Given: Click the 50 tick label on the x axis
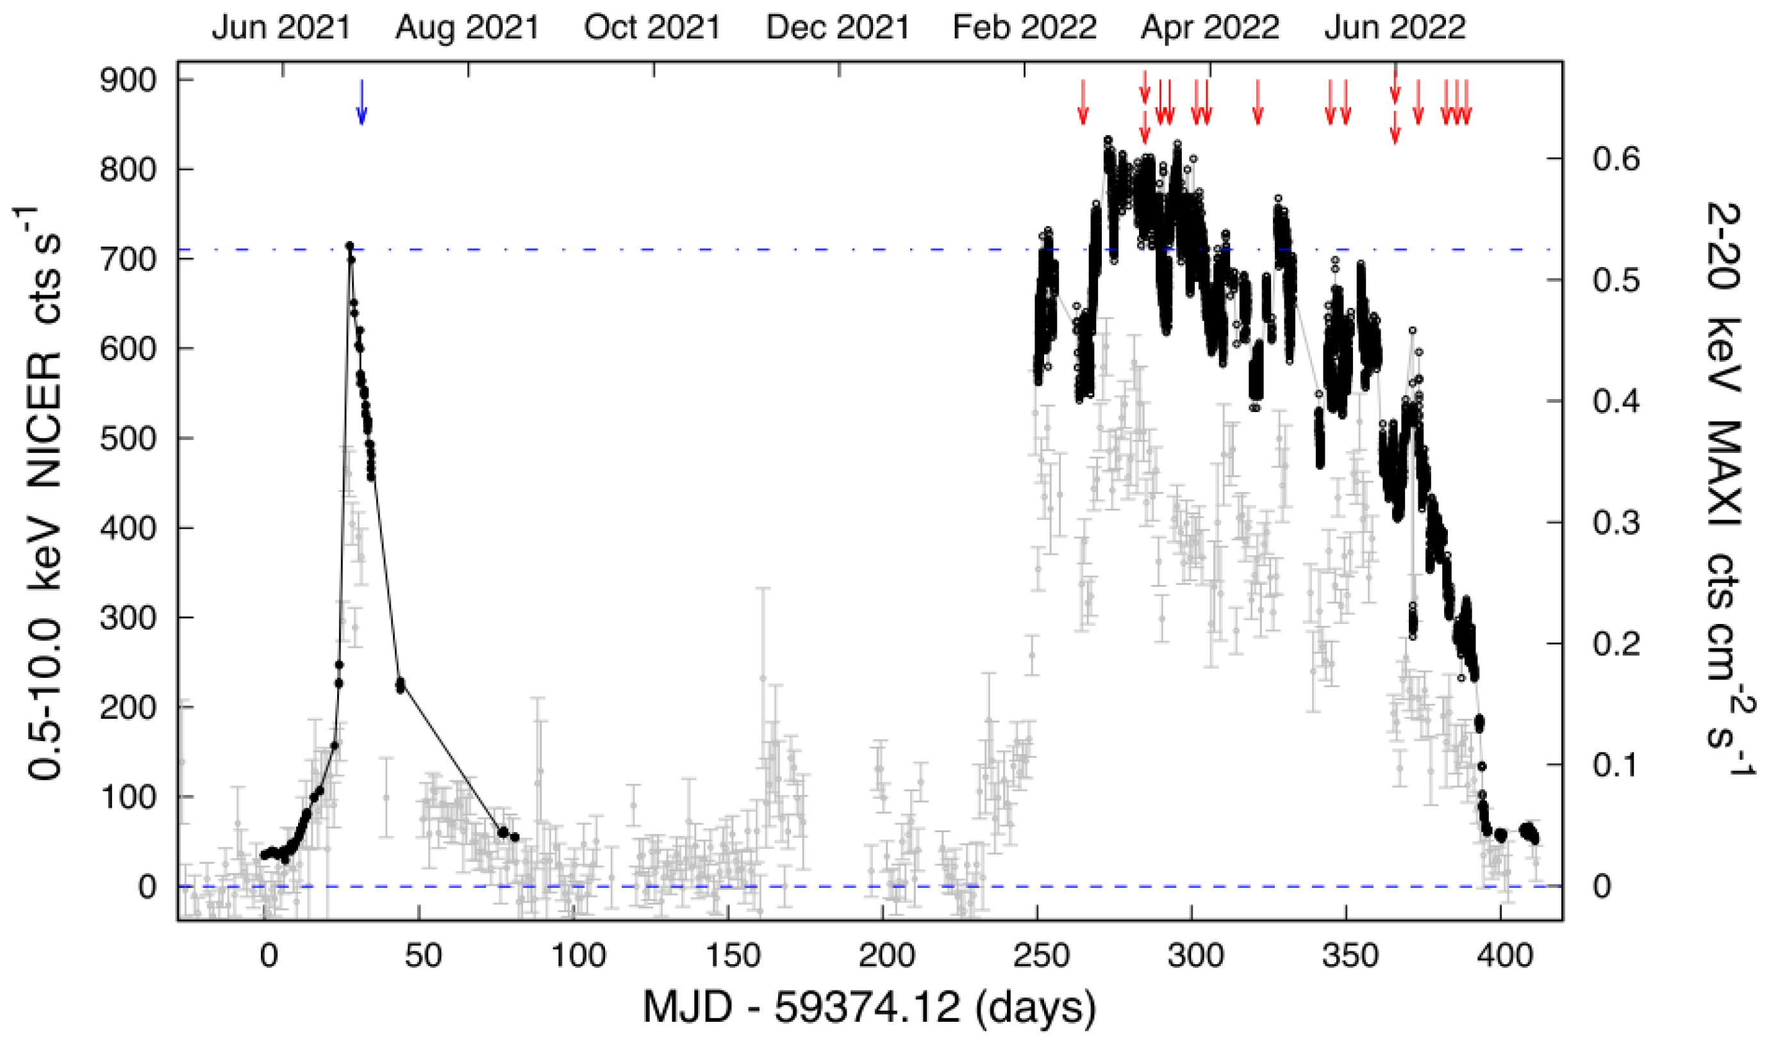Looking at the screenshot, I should click(423, 955).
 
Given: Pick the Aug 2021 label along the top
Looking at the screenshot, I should click(467, 28).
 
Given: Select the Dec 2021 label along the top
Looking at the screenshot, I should click(838, 28).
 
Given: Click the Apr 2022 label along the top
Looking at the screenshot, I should click(1209, 28).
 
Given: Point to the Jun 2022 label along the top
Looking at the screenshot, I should click(1395, 28).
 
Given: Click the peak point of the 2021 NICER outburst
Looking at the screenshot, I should click(349, 245).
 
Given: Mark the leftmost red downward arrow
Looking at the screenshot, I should click(1083, 102).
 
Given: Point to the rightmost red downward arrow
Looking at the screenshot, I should click(1466, 102).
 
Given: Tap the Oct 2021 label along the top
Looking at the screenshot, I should click(652, 28).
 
